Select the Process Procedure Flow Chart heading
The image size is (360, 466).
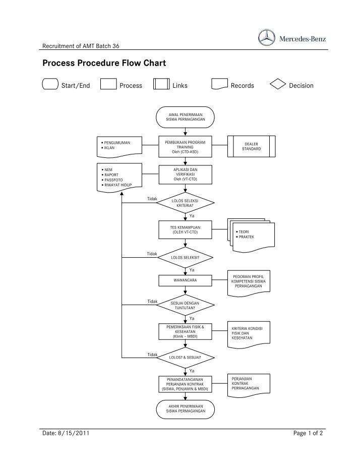pyautogui.click(x=104, y=64)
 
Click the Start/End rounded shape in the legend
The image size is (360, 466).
pyautogui.click(x=50, y=85)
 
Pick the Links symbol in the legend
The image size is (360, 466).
pyautogui.click(x=161, y=85)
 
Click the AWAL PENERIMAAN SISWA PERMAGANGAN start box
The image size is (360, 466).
pyautogui.click(x=186, y=118)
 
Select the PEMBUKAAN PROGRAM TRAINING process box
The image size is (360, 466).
pyautogui.click(x=186, y=147)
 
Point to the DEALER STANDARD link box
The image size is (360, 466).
pyautogui.click(x=252, y=147)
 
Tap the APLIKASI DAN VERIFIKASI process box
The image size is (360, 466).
pyautogui.click(x=186, y=174)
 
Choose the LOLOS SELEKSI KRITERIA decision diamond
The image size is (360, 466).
pyautogui.click(x=186, y=203)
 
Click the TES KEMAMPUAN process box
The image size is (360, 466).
pyautogui.click(x=186, y=230)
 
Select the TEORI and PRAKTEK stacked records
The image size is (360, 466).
pyautogui.click(x=249, y=235)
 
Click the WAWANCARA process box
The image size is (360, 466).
pyautogui.click(x=186, y=279)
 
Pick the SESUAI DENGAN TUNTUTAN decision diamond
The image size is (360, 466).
pyautogui.click(x=186, y=305)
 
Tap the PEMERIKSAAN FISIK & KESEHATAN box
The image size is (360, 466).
pyautogui.click(x=186, y=331)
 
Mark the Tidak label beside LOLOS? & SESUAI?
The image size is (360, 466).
pyautogui.click(x=152, y=355)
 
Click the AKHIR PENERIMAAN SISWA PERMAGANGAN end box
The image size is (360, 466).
pyautogui.click(x=186, y=409)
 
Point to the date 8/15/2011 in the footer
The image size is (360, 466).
pyautogui.click(x=75, y=433)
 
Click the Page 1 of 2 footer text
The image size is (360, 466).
pyautogui.click(x=308, y=433)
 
